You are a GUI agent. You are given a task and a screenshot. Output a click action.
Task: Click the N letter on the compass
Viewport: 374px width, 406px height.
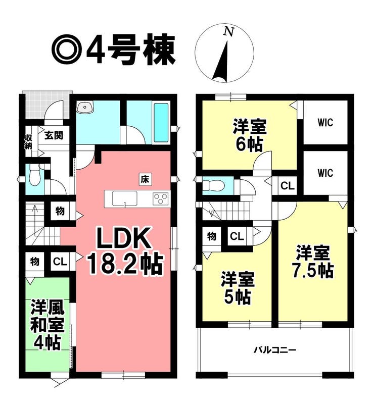coord(229,32)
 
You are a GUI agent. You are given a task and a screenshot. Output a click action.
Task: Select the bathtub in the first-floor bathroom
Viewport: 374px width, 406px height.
coord(161,123)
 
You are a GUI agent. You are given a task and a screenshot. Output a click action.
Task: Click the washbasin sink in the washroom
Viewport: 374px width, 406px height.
coord(85,107)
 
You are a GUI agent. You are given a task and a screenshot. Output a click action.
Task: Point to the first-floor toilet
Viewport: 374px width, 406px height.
coord(34,175)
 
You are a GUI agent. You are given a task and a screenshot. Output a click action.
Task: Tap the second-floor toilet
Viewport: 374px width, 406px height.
coord(213,185)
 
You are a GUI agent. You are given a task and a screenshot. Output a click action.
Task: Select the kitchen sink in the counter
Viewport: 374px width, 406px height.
coord(125,199)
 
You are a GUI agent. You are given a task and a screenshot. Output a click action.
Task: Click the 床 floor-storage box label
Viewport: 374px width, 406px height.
coord(145,179)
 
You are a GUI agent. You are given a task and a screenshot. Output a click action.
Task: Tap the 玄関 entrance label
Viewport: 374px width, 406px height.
coord(54,135)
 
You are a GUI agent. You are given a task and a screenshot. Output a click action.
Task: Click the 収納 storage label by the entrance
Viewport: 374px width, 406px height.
coord(28,141)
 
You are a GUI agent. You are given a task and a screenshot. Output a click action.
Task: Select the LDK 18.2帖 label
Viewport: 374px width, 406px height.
coord(125,251)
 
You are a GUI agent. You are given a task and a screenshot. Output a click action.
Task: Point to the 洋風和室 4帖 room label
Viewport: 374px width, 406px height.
coord(47,324)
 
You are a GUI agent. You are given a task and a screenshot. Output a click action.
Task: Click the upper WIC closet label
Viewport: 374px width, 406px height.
coord(325,123)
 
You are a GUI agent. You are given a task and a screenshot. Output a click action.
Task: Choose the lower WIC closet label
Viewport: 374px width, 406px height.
coord(325,173)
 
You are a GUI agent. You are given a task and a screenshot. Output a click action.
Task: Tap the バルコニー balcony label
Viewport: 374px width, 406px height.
coord(275,350)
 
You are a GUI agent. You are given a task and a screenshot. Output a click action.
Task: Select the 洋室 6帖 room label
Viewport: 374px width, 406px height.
coord(250,135)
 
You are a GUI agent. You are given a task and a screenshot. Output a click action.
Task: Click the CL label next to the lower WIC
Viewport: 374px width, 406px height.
coord(288,186)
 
